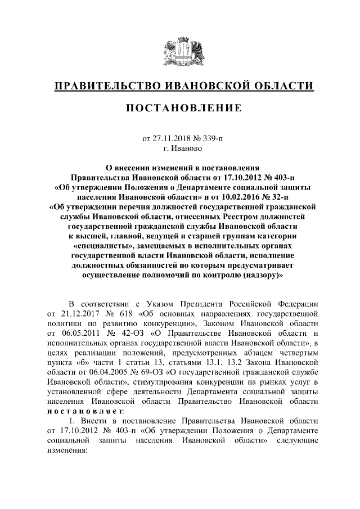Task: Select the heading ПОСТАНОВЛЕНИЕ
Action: tap(180, 108)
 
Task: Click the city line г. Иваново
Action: tap(179, 148)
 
